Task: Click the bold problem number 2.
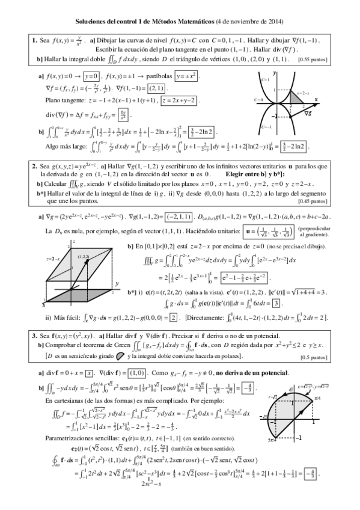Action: click(x=34, y=165)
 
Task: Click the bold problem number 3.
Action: click(x=34, y=333)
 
